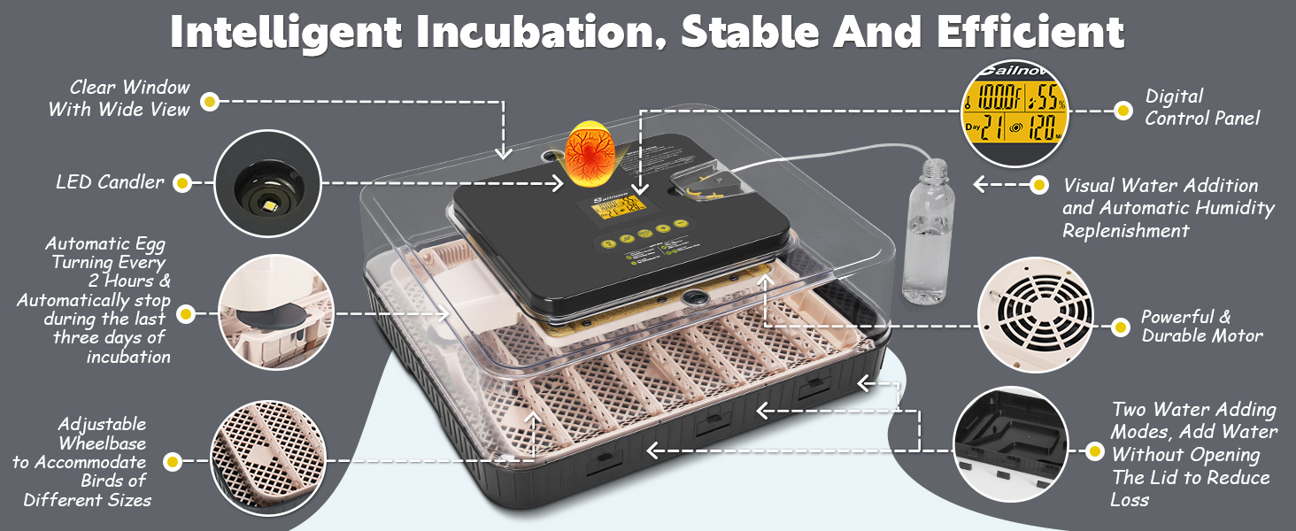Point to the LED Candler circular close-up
coord(266,182)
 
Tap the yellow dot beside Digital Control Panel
coord(1122,111)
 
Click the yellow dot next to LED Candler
coord(182,183)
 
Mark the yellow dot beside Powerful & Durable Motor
coord(1122,327)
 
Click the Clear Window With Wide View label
coord(119,98)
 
